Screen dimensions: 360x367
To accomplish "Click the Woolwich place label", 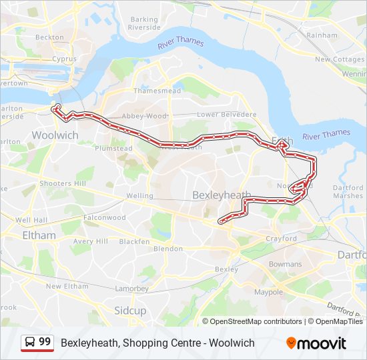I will coord(55,135).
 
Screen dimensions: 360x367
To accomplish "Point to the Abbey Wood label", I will coord(144,115).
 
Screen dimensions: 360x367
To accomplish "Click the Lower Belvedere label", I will coord(226,115).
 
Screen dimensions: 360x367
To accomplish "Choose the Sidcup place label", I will coord(130,311).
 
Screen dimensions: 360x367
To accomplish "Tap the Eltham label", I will coord(39,235).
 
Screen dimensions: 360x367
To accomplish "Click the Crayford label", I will coord(281,239).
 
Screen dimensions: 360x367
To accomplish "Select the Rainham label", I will coord(322,35).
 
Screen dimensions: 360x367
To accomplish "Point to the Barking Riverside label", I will coord(145,24).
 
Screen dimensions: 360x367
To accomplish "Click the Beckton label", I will coord(49,37).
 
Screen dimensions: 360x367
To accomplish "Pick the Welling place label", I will coord(139,196).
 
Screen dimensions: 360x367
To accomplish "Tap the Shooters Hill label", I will coord(63,183).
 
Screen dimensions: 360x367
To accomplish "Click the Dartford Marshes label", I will coord(348,192).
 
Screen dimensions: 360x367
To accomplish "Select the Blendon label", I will coord(167,249).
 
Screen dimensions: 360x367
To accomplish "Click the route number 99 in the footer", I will coord(45,342).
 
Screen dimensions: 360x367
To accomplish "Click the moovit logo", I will coord(316,343).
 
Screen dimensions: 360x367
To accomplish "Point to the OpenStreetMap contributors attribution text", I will coord(256,321).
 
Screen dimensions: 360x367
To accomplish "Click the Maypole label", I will coord(269,292).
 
